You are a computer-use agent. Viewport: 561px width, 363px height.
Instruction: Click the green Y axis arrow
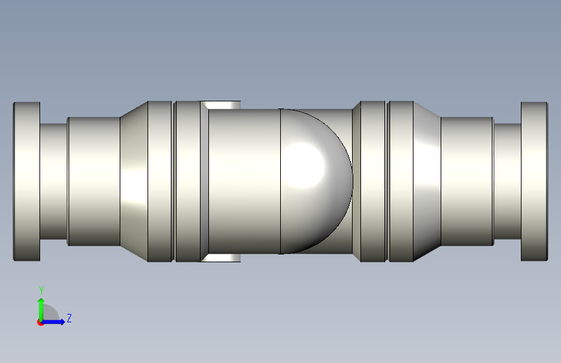click(41, 309)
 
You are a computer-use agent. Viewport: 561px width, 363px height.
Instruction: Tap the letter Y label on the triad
click(41, 291)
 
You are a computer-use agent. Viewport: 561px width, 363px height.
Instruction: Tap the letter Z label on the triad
click(69, 318)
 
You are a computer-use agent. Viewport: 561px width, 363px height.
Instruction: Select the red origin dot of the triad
click(40, 322)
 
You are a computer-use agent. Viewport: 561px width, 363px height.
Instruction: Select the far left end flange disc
click(27, 181)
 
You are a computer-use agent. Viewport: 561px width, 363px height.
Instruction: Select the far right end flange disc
click(534, 181)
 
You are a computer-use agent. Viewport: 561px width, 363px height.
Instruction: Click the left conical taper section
click(134, 181)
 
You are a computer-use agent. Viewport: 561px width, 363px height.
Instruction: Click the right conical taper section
click(427, 181)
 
